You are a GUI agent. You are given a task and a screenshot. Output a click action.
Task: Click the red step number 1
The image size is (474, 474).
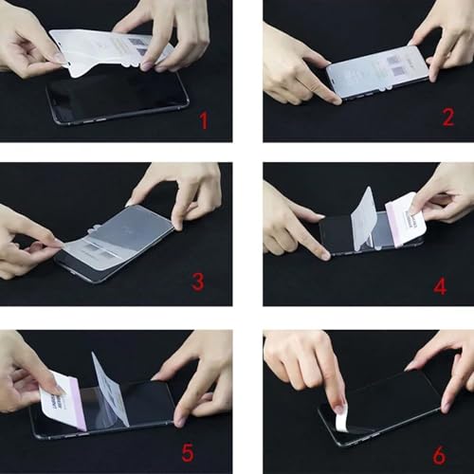201,121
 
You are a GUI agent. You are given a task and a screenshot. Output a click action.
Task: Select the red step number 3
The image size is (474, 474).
197,282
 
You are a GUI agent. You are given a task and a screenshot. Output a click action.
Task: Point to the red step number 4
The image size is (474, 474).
440,285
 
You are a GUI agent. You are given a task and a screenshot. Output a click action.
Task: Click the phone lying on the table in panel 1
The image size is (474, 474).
118,100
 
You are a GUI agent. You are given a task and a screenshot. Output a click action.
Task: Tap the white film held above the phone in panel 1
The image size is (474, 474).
109,47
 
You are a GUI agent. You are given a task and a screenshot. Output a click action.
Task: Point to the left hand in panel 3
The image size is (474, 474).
28,242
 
